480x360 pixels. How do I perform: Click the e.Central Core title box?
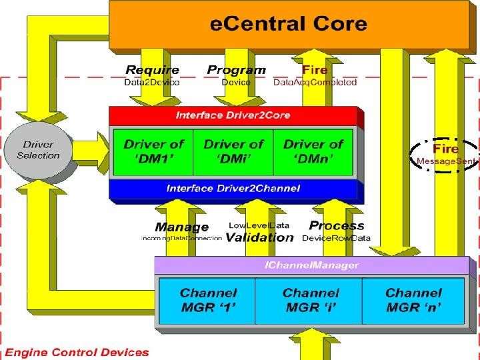[288, 25]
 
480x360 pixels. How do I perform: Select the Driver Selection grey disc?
[39, 151]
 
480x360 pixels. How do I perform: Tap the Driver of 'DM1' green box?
[153, 152]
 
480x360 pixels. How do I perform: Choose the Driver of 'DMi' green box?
[233, 152]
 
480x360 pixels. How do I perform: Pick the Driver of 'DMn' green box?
[313, 152]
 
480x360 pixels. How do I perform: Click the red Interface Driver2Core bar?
[233, 115]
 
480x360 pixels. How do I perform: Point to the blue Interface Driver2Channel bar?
[233, 189]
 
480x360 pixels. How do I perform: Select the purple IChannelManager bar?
[310, 265]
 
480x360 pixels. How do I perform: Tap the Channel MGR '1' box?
[207, 301]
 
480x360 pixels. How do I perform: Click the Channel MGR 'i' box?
[310, 301]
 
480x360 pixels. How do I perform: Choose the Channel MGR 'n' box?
[413, 301]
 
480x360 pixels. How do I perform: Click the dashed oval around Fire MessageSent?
[445, 154]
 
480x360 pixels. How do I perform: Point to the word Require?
[152, 70]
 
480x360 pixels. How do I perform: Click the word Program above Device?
[236, 70]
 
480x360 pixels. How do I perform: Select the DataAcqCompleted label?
[315, 83]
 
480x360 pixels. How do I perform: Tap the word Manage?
[181, 227]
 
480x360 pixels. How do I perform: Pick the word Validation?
[259, 237]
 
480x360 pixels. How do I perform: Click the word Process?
[337, 226]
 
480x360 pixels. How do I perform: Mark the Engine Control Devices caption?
[77, 352]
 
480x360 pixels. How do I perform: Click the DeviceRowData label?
[336, 238]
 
